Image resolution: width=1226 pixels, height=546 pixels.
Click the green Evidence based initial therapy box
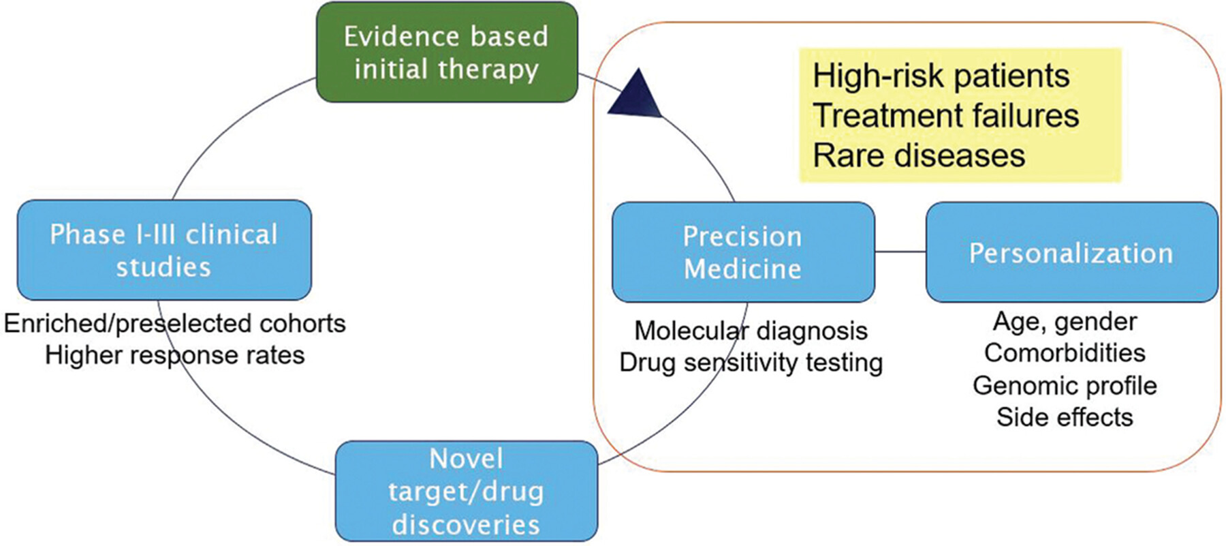click(447, 52)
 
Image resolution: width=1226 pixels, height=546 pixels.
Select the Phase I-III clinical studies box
click(164, 250)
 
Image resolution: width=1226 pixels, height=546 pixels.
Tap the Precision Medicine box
click(743, 252)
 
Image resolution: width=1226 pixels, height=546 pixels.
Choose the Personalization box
click(1071, 252)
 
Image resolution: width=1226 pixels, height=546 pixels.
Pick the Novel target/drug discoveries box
click(467, 491)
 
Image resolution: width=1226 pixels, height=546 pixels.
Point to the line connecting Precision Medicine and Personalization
click(900, 252)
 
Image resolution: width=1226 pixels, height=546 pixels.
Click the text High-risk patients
click(941, 76)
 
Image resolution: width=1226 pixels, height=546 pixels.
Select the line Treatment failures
click(945, 115)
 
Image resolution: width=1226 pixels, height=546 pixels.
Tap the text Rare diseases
click(919, 155)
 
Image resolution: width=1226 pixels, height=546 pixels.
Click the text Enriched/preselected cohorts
click(175, 323)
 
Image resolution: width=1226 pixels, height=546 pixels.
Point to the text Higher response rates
click(175, 355)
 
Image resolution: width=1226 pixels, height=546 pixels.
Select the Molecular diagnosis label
click(751, 331)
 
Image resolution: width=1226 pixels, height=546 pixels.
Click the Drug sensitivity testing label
click(751, 363)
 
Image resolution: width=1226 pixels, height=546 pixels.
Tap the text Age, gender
click(1065, 322)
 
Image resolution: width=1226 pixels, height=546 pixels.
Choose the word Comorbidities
click(1065, 353)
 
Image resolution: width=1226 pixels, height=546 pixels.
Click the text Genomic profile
click(1065, 386)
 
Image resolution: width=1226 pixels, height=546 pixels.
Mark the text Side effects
click(1065, 417)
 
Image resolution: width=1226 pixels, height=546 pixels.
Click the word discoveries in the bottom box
click(466, 525)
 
